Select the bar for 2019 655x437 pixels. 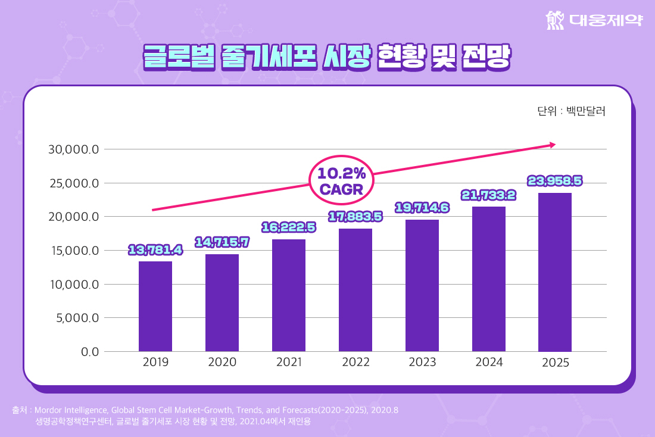click(x=155, y=306)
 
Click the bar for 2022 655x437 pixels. click(x=355, y=290)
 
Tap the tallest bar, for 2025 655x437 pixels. click(x=555, y=272)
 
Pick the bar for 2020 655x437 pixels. click(x=222, y=302)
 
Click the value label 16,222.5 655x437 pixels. click(x=289, y=227)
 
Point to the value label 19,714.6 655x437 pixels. click(x=422, y=207)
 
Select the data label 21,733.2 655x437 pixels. click(x=488, y=195)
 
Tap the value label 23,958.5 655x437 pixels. click(x=555, y=180)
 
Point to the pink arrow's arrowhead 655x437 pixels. click(x=553, y=145)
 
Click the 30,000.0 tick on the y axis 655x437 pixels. click(x=73, y=149)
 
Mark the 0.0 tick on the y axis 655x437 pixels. click(x=89, y=351)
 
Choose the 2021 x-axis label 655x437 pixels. click(x=289, y=362)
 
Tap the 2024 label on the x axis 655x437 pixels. click(x=489, y=362)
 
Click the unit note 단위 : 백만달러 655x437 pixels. click(x=570, y=111)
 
